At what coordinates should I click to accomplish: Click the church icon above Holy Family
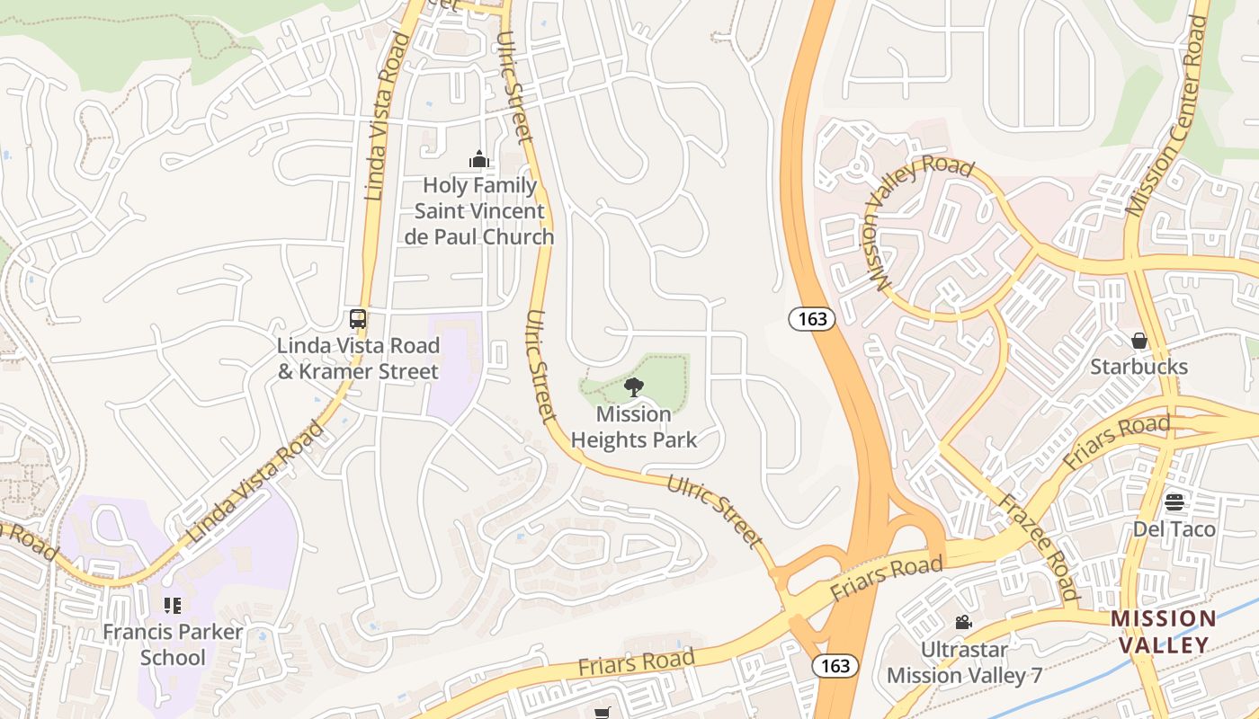point(479,160)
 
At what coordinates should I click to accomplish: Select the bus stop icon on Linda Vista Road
point(358,319)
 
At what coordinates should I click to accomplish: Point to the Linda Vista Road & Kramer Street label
point(358,359)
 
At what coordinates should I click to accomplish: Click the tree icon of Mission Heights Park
point(634,388)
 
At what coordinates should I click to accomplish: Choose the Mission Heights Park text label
point(634,427)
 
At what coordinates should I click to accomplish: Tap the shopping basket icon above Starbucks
point(1139,341)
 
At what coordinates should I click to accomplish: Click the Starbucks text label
point(1139,367)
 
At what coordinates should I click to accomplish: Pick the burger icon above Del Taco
point(1174,502)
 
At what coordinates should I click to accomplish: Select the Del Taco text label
point(1174,528)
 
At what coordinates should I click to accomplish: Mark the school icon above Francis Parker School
point(173,606)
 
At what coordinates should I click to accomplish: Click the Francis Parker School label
point(173,644)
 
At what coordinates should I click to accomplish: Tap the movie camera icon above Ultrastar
point(963,622)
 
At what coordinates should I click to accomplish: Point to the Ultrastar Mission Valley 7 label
point(964,661)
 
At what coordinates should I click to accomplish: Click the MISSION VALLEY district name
point(1164,632)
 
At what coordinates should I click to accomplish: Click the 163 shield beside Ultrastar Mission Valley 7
point(835,666)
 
